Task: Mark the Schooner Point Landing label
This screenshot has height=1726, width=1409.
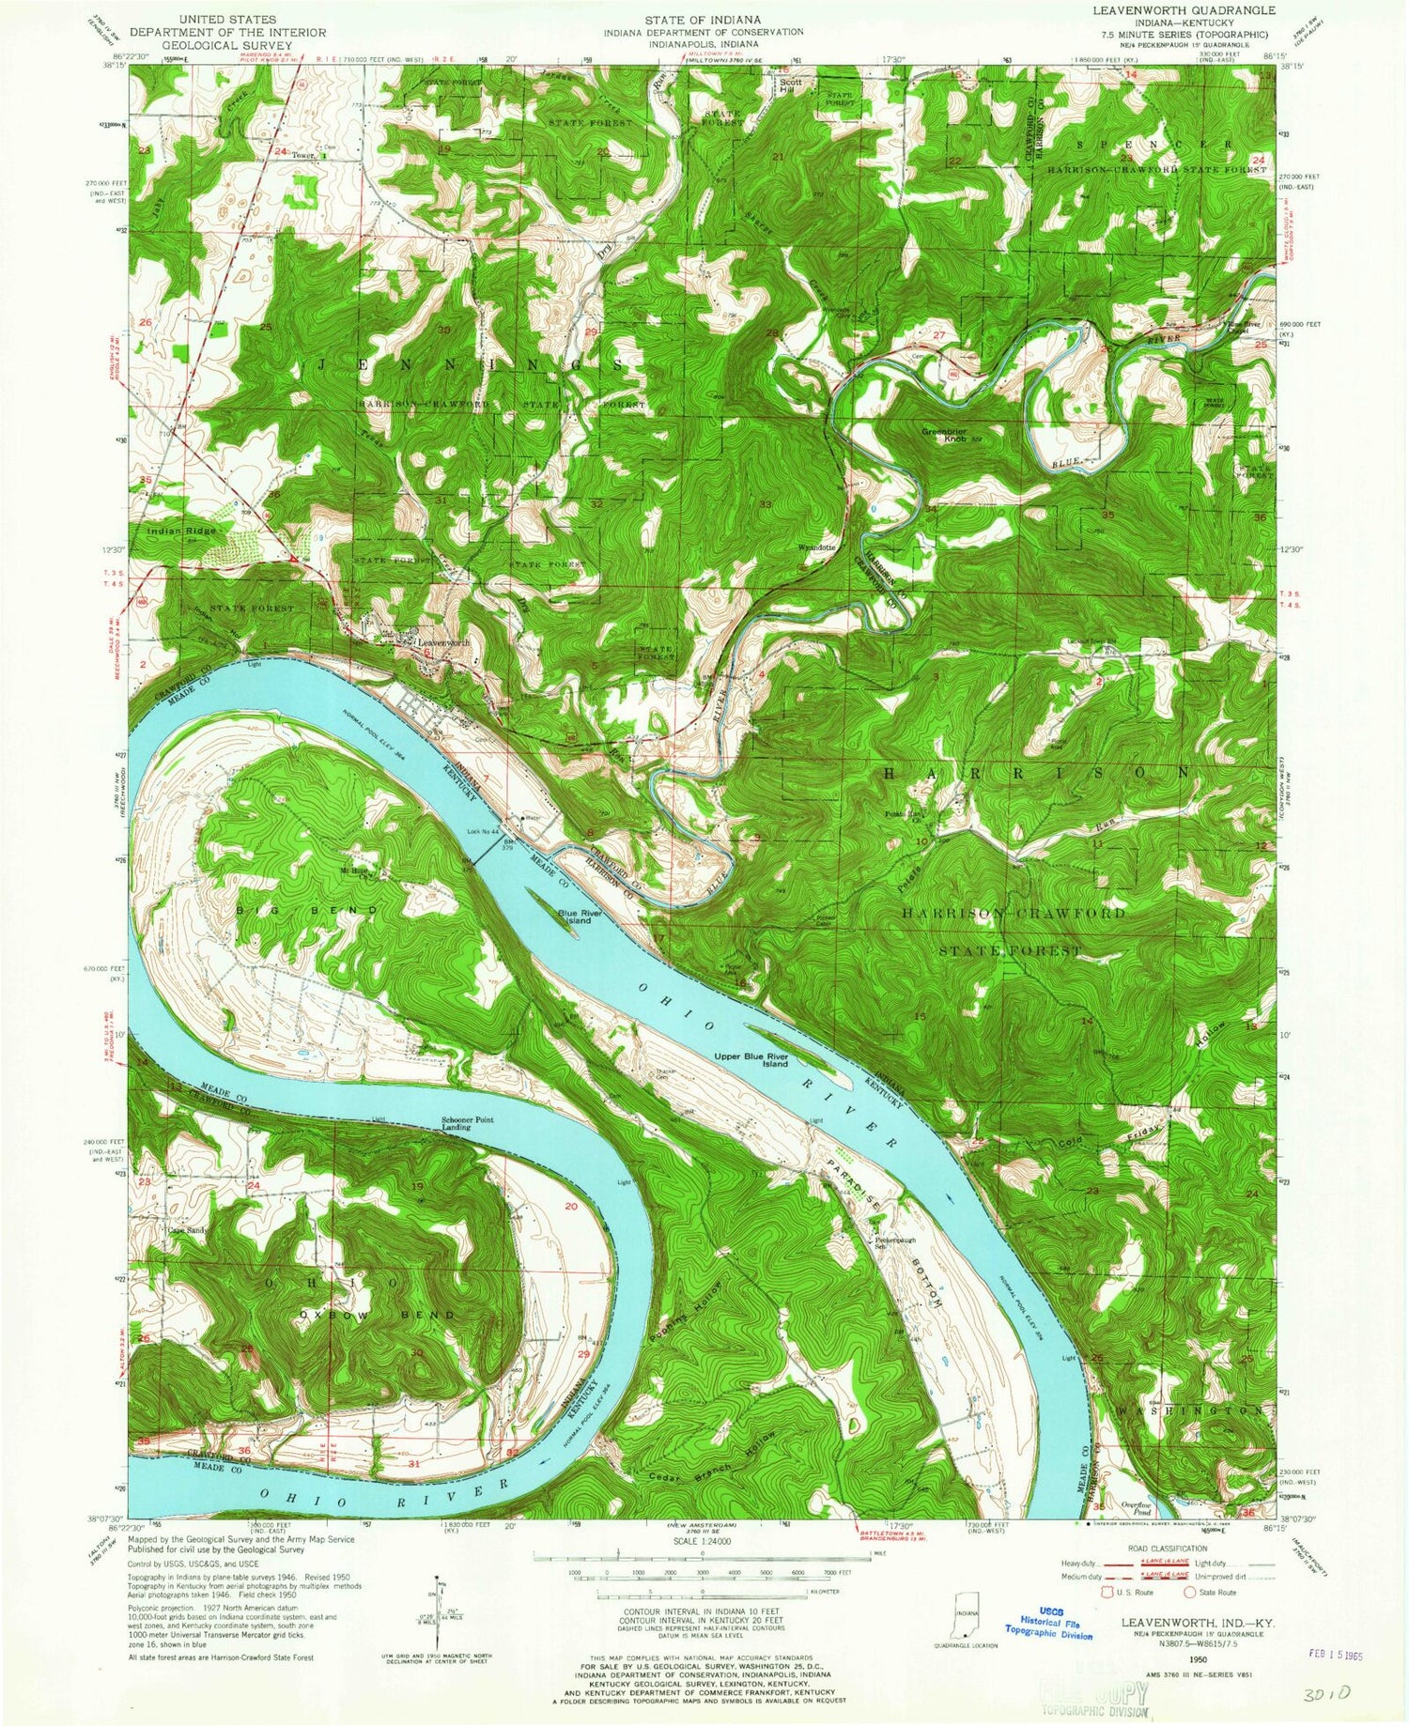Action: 468,1124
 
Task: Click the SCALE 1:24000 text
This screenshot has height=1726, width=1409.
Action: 704,1542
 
